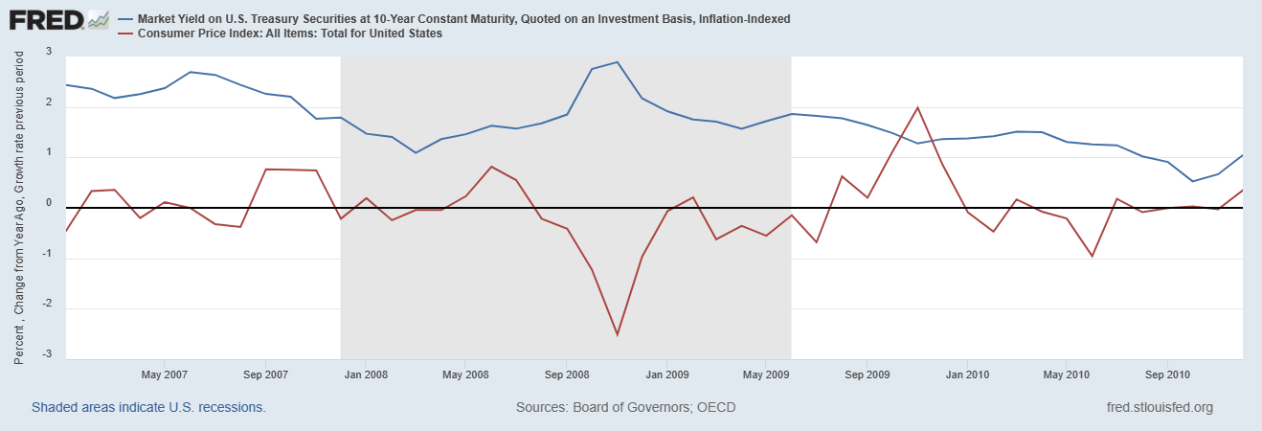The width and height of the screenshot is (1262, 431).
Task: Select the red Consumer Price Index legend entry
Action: click(x=288, y=34)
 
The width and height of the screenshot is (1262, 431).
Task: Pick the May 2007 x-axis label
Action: click(x=164, y=374)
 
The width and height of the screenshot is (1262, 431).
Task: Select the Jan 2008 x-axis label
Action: click(x=365, y=374)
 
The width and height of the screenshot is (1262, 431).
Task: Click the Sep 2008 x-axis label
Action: click(x=566, y=374)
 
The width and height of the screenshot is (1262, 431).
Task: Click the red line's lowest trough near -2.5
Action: click(x=617, y=335)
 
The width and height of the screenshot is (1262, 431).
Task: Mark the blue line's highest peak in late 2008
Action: click(x=617, y=62)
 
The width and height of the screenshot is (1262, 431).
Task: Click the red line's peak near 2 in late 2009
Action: click(x=918, y=107)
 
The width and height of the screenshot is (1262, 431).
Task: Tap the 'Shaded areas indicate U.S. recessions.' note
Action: click(x=148, y=407)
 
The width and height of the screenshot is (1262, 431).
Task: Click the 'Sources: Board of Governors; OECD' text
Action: click(x=625, y=407)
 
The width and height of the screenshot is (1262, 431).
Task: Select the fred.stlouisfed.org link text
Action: click(x=1159, y=407)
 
